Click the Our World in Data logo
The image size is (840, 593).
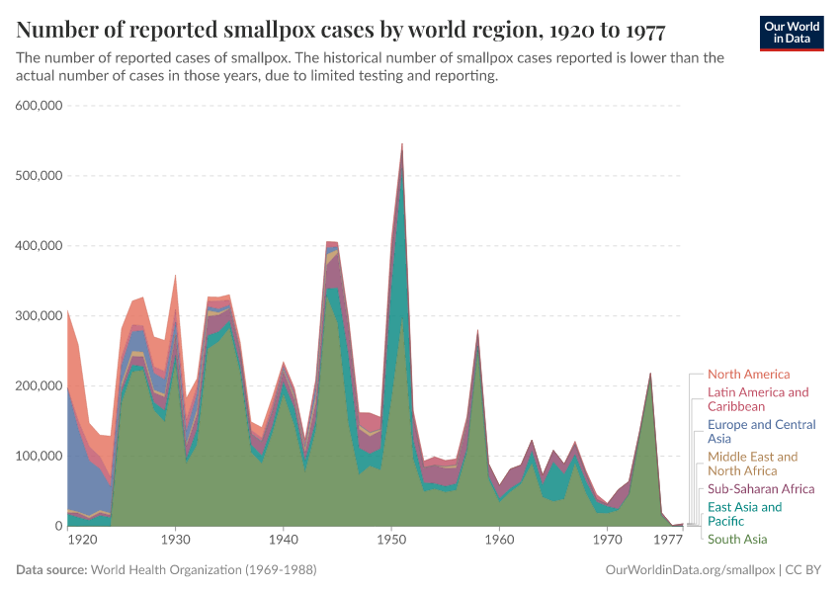click(x=792, y=33)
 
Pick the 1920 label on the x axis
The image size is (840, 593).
click(x=82, y=541)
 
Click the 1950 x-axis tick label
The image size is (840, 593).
click(x=392, y=541)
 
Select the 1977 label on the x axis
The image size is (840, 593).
click(x=669, y=541)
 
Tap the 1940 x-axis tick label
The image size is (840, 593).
click(x=284, y=541)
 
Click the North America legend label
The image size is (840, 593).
click(x=748, y=375)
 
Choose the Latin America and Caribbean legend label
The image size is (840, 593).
click(x=758, y=399)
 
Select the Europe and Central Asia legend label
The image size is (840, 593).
click(x=761, y=432)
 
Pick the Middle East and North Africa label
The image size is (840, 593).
click(x=752, y=464)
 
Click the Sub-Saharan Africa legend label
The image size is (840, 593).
click(x=761, y=489)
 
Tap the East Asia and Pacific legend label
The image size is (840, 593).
click(x=744, y=514)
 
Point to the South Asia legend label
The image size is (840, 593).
click(x=737, y=540)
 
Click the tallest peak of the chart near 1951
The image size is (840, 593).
click(x=401, y=145)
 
